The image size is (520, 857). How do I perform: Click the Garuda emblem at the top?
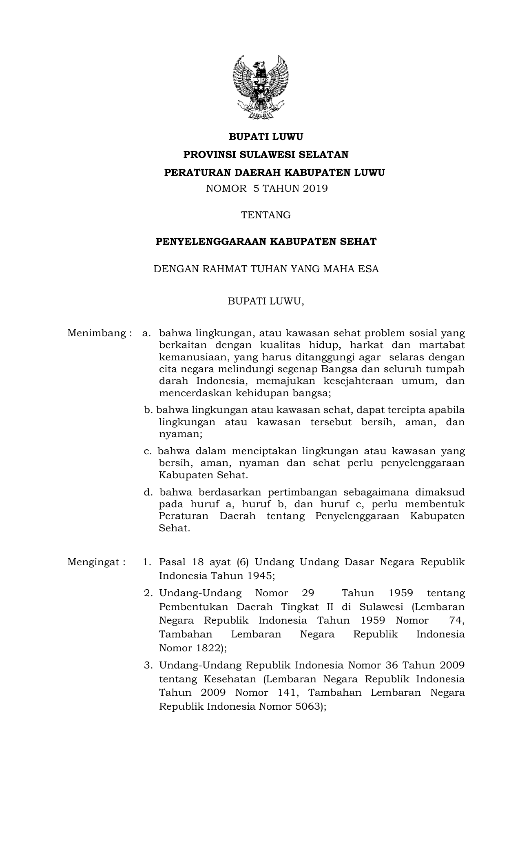tap(260, 87)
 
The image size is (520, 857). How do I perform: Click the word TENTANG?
tap(266, 215)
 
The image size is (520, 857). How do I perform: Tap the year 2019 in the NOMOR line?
tap(315, 189)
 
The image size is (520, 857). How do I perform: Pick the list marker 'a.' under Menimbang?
tap(146, 333)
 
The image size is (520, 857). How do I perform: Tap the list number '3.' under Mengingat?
tap(148, 665)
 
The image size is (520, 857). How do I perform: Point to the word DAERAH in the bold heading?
tap(257, 173)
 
